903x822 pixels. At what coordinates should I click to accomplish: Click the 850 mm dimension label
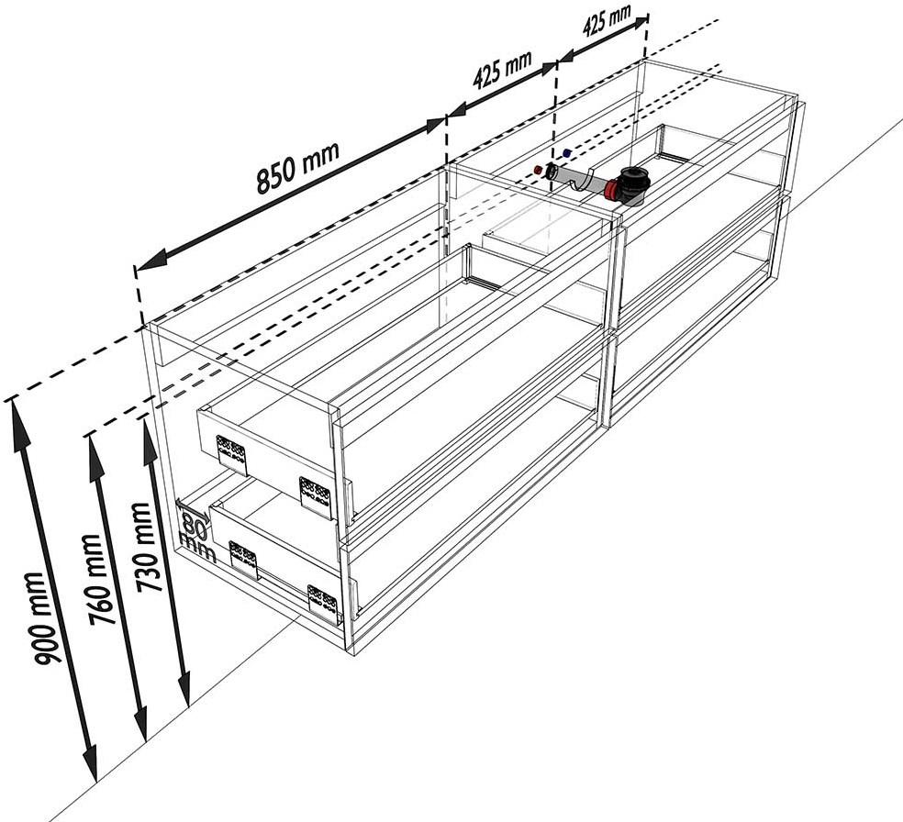[297, 167]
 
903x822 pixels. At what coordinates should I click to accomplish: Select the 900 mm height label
[46, 618]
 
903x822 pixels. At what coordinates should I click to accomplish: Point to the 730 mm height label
[149, 547]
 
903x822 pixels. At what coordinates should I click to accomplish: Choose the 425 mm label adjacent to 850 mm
[502, 71]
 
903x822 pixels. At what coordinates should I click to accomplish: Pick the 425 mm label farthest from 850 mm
[607, 20]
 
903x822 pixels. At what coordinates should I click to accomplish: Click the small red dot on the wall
[538, 170]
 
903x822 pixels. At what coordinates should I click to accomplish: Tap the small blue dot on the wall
[567, 153]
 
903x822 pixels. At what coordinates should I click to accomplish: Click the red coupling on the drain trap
[611, 189]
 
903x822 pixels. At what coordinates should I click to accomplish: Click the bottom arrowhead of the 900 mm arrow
[90, 766]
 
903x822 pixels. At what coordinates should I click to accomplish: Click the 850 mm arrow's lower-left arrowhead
[150, 261]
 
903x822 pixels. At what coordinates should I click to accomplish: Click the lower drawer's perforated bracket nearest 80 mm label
[242, 560]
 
